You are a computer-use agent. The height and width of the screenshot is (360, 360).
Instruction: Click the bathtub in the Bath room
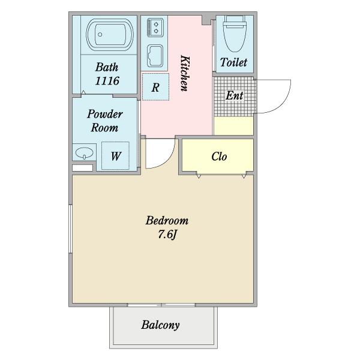point(110,35)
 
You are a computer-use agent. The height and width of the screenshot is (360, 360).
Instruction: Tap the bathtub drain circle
point(100,35)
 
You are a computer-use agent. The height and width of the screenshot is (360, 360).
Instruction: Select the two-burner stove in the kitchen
point(155,28)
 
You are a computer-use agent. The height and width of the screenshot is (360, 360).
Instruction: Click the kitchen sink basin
point(155,56)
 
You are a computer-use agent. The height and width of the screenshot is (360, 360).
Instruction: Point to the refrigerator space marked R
point(155,87)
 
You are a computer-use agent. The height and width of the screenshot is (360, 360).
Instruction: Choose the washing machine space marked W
point(115,156)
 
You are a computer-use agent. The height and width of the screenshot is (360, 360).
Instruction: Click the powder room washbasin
point(84,152)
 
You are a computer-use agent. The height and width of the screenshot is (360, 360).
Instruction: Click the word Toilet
point(234,62)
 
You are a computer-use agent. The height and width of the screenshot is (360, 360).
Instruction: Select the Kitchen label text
point(185,73)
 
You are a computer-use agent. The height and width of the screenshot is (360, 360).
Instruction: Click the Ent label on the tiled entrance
point(234,95)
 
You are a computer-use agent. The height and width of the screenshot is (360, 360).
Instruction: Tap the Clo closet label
point(219,157)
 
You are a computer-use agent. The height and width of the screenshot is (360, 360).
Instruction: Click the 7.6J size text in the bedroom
point(167,235)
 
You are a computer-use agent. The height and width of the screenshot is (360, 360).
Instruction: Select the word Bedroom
point(167,220)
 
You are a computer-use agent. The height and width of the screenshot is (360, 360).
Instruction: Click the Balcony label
point(160,325)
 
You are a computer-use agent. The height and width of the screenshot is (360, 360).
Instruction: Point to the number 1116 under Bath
point(107,81)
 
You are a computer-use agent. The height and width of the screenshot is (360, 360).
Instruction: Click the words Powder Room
point(105,121)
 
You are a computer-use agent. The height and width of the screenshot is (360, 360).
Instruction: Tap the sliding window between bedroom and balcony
point(161,305)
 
